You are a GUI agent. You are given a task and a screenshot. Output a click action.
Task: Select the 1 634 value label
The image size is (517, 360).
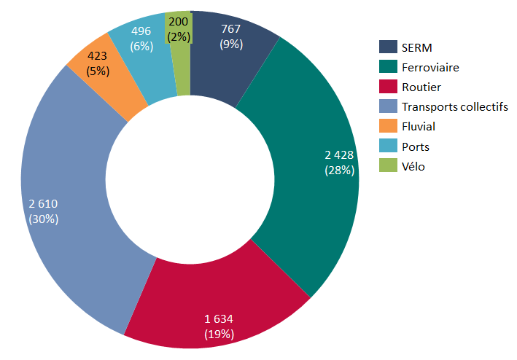point(219,318)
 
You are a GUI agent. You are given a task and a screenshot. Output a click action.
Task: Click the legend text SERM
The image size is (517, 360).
point(416,47)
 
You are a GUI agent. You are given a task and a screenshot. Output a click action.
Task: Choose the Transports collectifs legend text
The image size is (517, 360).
point(454,106)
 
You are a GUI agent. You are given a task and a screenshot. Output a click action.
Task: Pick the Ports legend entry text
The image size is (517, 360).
point(415,146)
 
